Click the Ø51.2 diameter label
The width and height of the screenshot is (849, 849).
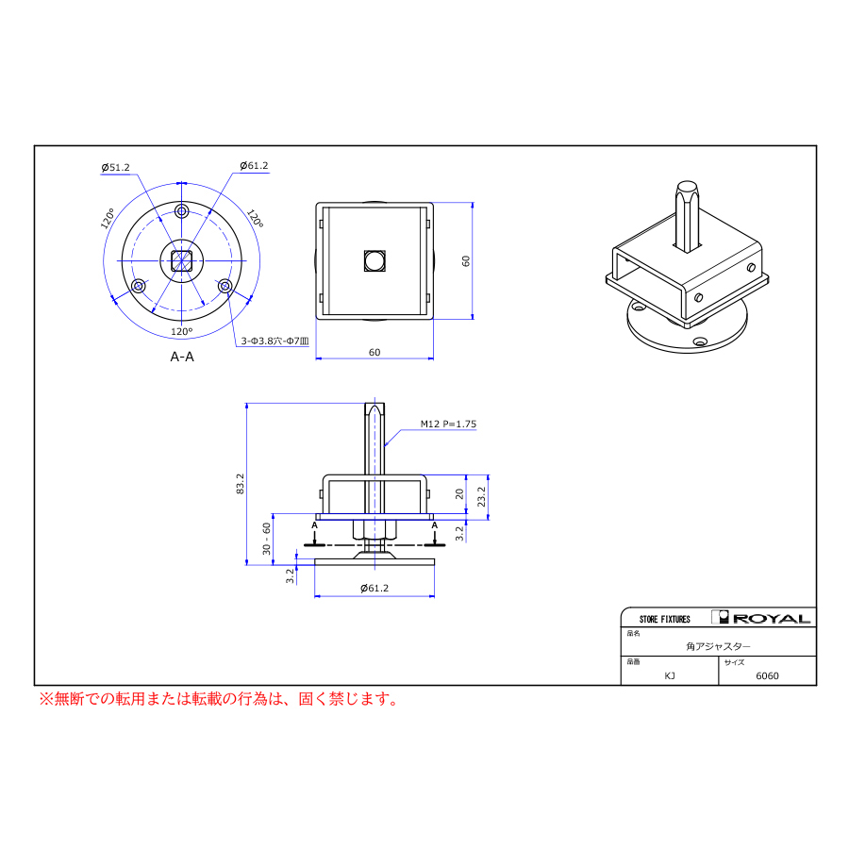[x=116, y=168]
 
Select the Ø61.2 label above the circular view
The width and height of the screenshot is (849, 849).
[x=254, y=166]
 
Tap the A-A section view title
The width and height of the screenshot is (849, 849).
[x=182, y=357]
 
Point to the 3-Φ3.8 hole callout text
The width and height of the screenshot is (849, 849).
[x=275, y=341]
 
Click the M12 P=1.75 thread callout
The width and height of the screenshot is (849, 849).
[x=448, y=424]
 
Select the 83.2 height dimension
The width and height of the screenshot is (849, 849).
[x=241, y=484]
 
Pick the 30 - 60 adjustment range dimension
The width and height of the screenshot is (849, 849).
[x=266, y=539]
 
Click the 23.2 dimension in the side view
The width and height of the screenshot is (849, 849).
[x=481, y=497]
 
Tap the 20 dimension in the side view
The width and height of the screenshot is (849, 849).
[x=459, y=493]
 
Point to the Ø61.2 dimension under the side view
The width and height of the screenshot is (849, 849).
[x=375, y=588]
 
